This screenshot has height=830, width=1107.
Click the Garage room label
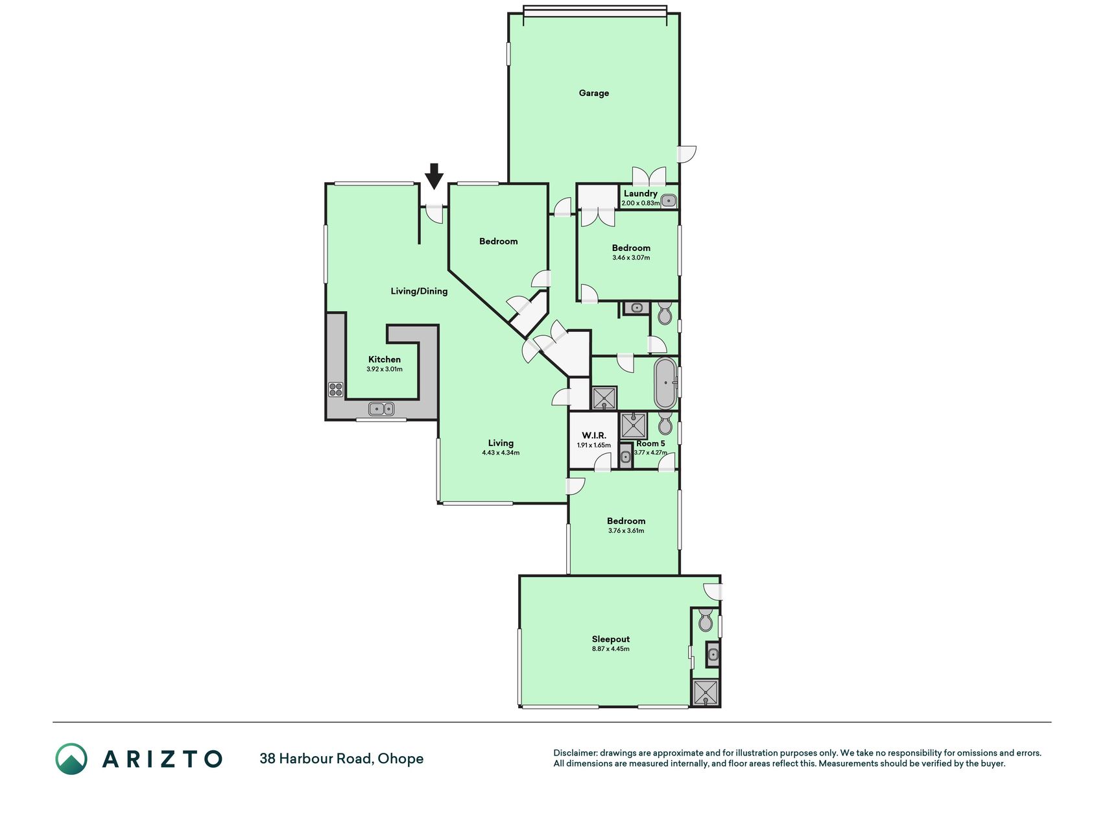coord(593,93)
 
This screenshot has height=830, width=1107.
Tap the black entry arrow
coord(434,176)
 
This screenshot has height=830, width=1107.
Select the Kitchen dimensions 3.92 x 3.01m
coord(385,370)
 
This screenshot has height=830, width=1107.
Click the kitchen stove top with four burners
coord(335,389)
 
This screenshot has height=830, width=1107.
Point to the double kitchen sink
coord(381,409)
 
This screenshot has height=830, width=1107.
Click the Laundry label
coord(641,193)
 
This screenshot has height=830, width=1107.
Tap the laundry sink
coord(669,200)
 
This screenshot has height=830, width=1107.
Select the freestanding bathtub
coord(666,383)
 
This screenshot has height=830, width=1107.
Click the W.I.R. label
coord(594,436)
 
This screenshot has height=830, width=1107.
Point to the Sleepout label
coord(611,639)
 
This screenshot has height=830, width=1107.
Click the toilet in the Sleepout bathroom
coord(705,621)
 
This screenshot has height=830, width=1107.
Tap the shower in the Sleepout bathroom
coord(706,693)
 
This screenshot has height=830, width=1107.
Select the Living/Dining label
coord(419,291)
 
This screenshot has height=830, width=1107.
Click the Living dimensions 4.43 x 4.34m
coord(501,453)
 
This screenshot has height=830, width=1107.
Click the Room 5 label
coord(650,444)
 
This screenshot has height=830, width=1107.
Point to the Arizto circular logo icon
coord(71,759)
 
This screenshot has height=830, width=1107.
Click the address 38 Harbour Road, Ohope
coord(342,759)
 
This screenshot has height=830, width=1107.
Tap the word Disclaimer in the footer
coord(575,753)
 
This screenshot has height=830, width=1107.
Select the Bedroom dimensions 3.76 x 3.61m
coord(626,530)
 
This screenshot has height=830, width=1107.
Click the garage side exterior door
coord(686,154)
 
